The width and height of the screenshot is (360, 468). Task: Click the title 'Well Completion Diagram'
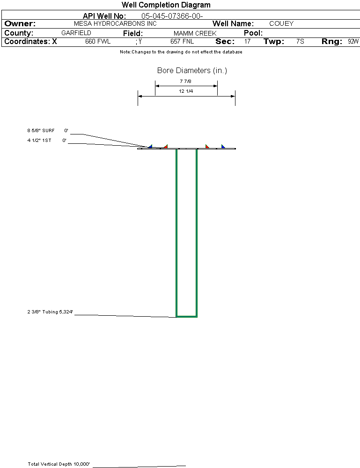pos(166,5)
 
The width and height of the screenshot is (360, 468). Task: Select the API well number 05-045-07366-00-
pos(172,16)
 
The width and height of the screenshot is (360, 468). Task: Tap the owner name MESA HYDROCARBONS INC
pos(115,23)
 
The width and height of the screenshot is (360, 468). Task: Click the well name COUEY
pos(281,23)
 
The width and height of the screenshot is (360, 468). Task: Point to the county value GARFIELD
pos(76,33)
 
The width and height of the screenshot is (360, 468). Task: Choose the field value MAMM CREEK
pos(195,33)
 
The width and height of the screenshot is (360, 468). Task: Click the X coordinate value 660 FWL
pos(98,42)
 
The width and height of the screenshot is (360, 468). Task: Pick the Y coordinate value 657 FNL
pos(182,42)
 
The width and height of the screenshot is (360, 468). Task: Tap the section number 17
pos(247,42)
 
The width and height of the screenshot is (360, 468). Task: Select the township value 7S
pos(300,42)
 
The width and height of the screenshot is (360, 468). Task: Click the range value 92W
pos(353,42)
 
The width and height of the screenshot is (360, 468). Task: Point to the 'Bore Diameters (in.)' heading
pos(192,70)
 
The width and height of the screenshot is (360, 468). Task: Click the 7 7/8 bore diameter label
pos(185,81)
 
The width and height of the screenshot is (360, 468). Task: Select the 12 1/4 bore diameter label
pos(186,91)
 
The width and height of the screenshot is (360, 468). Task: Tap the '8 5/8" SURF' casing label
pos(41,130)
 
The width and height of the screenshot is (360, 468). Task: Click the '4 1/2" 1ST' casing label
pos(39,140)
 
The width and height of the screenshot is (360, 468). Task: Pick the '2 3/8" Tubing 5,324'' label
pos(50,312)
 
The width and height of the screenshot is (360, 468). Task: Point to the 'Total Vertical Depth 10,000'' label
pos(59,464)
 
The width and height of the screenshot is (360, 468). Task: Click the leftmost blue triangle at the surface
pos(150,146)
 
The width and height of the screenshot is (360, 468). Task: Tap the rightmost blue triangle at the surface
pos(223,146)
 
